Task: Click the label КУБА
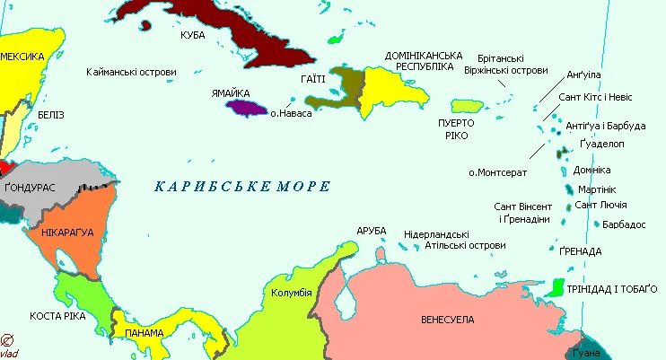click(x=192, y=34)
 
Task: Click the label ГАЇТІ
click(x=301, y=80)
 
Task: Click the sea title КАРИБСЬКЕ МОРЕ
click(x=242, y=187)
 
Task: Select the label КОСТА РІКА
click(x=57, y=316)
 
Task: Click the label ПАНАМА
click(x=145, y=333)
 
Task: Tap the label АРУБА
click(x=371, y=231)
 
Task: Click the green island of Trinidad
click(x=556, y=287)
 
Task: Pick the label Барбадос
click(x=624, y=224)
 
